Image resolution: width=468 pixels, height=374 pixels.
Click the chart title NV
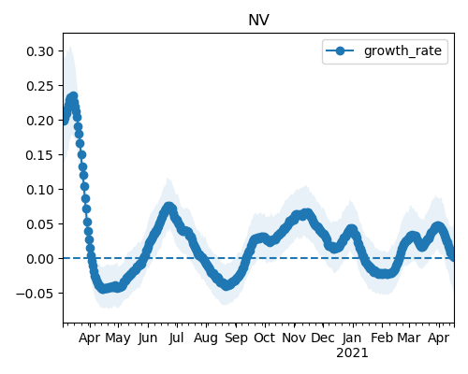[x=258, y=21]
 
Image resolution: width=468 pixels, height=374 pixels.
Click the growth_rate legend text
[x=402, y=50]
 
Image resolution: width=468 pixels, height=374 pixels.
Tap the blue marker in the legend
[x=340, y=50]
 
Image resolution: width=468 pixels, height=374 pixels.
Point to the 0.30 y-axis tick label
[x=40, y=51]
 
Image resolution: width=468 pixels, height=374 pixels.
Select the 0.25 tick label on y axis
[x=40, y=86]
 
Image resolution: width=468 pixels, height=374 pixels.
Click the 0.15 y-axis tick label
[x=40, y=155]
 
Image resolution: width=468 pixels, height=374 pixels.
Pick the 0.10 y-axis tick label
[x=40, y=190]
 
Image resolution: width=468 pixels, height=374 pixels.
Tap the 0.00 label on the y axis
[x=40, y=259]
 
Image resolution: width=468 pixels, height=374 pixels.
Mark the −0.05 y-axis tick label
[x=36, y=294]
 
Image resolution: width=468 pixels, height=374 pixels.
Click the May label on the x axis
[x=118, y=338]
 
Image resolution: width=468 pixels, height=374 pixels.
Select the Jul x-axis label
[x=176, y=338]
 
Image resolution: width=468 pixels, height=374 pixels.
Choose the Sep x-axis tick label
[x=236, y=338]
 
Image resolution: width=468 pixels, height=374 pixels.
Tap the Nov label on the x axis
[x=294, y=338]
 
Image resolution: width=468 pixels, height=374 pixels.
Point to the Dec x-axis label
[x=323, y=338]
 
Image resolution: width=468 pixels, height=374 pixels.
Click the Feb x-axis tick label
[x=382, y=338]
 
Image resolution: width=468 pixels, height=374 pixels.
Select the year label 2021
[x=352, y=353]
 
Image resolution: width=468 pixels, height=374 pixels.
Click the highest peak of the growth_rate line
[x=74, y=96]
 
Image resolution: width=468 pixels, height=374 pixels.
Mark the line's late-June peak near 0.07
[x=168, y=207]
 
